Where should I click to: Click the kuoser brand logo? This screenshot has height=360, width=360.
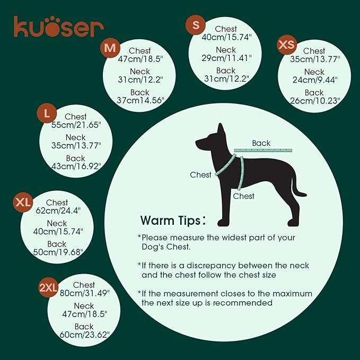[59, 27]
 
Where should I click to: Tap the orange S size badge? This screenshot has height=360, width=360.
[196, 25]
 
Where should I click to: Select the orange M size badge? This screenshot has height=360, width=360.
[110, 49]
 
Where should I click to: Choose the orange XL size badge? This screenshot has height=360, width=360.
[23, 202]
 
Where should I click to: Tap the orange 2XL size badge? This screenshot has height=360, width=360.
[48, 287]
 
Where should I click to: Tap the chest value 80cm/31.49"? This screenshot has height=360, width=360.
[84, 293]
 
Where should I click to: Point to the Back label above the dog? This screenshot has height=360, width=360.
[261, 143]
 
